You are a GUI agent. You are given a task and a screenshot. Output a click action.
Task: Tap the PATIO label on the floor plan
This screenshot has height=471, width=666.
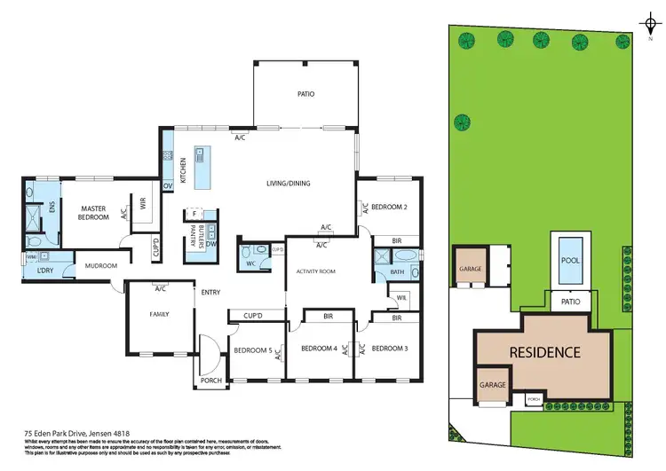(x=305, y=94)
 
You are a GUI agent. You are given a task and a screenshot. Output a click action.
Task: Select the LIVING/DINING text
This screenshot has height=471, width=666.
(x=288, y=184)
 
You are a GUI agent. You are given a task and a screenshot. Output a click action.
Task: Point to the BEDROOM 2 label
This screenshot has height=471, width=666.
(x=389, y=207)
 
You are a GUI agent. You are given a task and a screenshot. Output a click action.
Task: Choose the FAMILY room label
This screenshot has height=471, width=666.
(x=159, y=314)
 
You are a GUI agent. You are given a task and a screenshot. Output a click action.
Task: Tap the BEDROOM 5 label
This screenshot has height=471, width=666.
(x=251, y=349)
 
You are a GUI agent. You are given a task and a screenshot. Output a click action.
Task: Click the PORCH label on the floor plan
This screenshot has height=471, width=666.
(x=210, y=381)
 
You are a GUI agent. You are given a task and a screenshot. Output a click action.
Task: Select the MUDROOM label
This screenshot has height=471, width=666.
(x=101, y=265)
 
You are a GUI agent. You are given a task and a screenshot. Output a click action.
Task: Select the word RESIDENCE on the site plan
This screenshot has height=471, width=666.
(x=544, y=352)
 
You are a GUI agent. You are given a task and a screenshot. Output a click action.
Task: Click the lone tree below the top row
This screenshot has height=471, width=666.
(x=462, y=122)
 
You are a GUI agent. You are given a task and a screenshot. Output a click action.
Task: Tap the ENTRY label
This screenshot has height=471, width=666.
(x=210, y=292)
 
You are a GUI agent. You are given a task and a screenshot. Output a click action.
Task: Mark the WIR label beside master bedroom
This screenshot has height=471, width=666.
(x=141, y=200)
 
